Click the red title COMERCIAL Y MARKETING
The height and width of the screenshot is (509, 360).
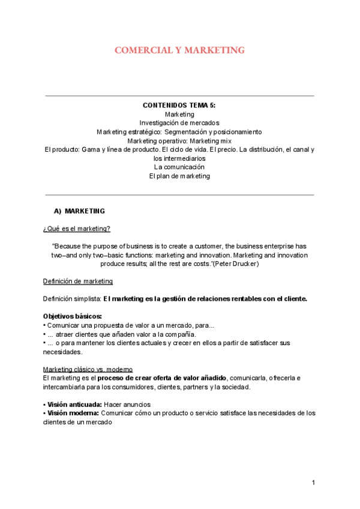coord(179,50)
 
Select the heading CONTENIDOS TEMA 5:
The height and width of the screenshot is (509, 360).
coord(179,105)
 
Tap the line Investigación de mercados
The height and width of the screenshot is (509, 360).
coord(179,122)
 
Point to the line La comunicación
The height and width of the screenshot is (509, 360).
coord(179,167)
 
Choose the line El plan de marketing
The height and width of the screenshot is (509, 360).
coord(179,176)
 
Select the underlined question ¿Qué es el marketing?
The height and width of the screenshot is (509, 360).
coord(76,229)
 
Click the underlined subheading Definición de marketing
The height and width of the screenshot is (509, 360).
coord(77,281)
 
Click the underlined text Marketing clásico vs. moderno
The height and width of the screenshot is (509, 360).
coord(88,369)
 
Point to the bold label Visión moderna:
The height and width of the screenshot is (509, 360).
coord(71,413)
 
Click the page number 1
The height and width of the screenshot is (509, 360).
coord(313,483)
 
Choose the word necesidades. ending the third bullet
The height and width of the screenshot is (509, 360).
coord(62,352)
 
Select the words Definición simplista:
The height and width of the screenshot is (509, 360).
coord(72,298)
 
